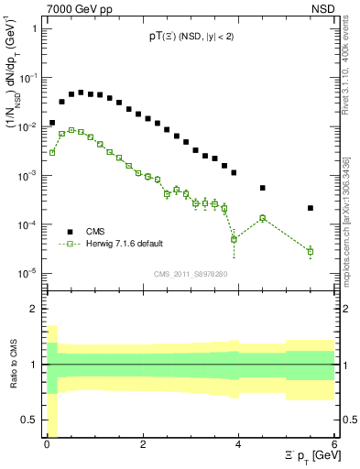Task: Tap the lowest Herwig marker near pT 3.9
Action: (234, 239)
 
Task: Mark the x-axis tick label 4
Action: (238, 444)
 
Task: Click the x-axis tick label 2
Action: (143, 444)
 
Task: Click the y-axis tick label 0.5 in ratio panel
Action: (32, 420)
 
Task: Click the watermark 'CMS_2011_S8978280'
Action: (190, 272)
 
